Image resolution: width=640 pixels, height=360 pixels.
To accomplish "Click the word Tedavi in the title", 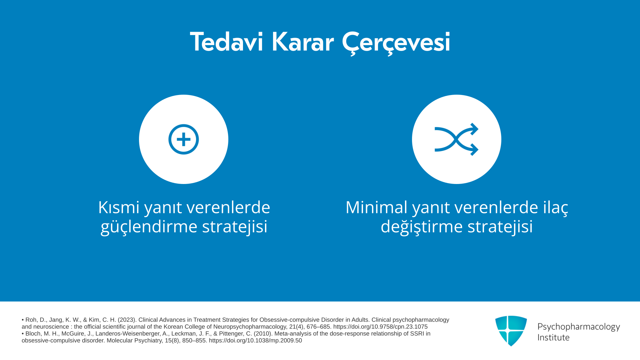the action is [227, 42].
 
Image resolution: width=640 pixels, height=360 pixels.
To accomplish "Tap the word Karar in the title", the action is [303, 42].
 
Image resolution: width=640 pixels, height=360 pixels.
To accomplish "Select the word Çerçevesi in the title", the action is [396, 43].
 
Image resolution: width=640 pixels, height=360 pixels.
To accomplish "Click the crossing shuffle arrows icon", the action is [456, 139].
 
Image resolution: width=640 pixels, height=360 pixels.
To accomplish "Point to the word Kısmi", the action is [119, 207].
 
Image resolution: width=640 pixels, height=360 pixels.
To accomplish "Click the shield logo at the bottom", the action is [511, 331].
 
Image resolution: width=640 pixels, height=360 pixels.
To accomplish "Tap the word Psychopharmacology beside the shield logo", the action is [579, 327].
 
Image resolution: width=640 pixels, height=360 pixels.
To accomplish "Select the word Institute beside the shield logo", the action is [553, 337].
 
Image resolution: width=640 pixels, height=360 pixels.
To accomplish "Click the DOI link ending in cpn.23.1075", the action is [380, 327].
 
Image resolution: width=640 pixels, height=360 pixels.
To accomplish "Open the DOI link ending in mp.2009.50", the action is [255, 341].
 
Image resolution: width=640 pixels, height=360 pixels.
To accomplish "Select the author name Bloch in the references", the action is [33, 334].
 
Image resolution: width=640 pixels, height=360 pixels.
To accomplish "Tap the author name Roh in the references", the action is [31, 320].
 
